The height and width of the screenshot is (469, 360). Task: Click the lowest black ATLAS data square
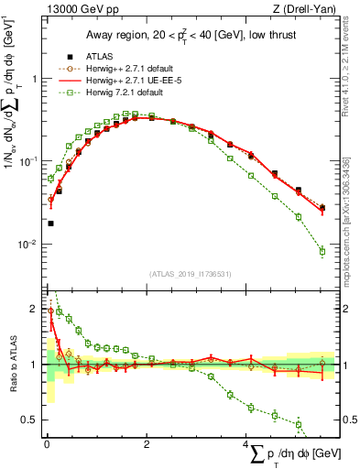pyautogui.click(x=50, y=223)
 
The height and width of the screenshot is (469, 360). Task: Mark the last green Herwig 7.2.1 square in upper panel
pyautogui.click(x=322, y=251)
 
